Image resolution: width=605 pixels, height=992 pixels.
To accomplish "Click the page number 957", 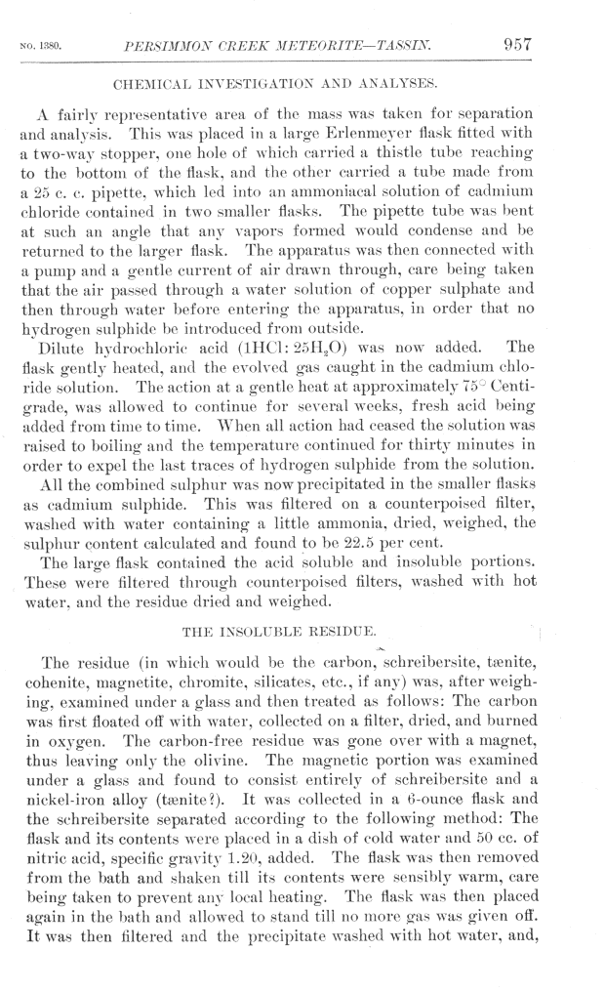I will [x=516, y=43].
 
